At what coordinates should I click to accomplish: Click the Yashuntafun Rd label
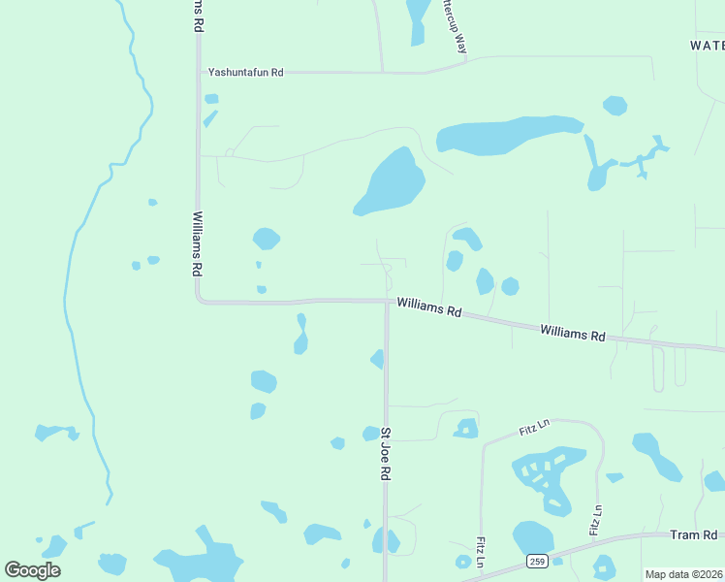click(x=245, y=72)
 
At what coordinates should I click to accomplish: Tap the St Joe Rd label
click(x=385, y=454)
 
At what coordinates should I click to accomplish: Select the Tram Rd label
click(x=693, y=535)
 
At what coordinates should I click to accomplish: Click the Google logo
click(x=32, y=570)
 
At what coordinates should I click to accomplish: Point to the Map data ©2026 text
click(x=683, y=574)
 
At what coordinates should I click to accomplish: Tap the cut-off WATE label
click(x=707, y=46)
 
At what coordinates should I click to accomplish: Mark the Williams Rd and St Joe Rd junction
click(x=387, y=301)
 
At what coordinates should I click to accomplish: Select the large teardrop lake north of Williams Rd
click(x=391, y=182)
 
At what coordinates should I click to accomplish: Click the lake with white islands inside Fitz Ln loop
click(x=548, y=475)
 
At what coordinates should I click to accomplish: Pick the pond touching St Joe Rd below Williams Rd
click(x=378, y=359)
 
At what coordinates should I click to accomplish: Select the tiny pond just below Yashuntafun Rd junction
click(x=211, y=98)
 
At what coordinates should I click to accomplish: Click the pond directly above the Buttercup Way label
click(x=418, y=19)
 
